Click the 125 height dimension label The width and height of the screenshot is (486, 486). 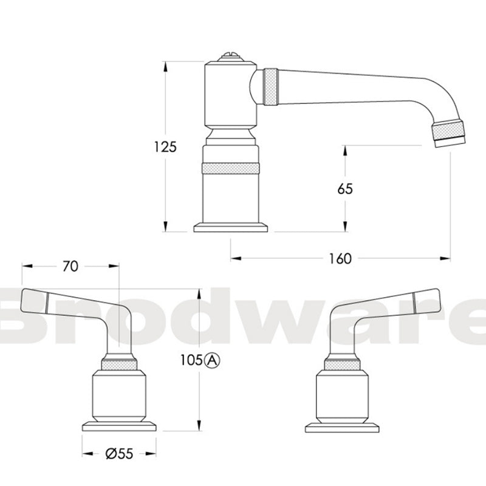(x=165, y=146)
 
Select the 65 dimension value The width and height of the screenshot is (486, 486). (x=345, y=189)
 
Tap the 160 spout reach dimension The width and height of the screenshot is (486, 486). (x=341, y=259)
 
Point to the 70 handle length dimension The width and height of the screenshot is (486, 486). (x=70, y=267)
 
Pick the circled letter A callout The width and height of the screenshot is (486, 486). (x=211, y=360)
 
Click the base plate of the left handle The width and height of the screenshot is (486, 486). (x=119, y=426)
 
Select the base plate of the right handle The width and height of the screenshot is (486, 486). (x=341, y=426)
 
